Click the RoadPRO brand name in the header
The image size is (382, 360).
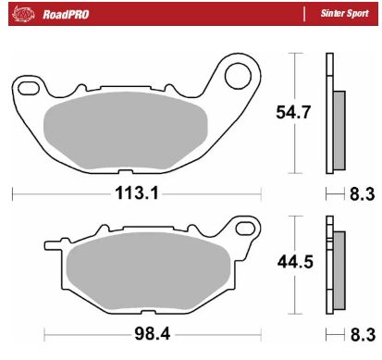[x=62, y=14]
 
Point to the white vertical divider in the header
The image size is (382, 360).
[x=304, y=14]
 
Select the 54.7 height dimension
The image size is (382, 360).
[x=295, y=112]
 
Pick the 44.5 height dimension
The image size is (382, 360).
[x=295, y=262]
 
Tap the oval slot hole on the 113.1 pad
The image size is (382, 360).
[x=29, y=88]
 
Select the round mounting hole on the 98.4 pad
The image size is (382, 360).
[x=244, y=229]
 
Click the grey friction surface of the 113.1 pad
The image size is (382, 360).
[x=135, y=130]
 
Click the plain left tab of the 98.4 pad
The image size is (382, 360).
[x=54, y=246]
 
